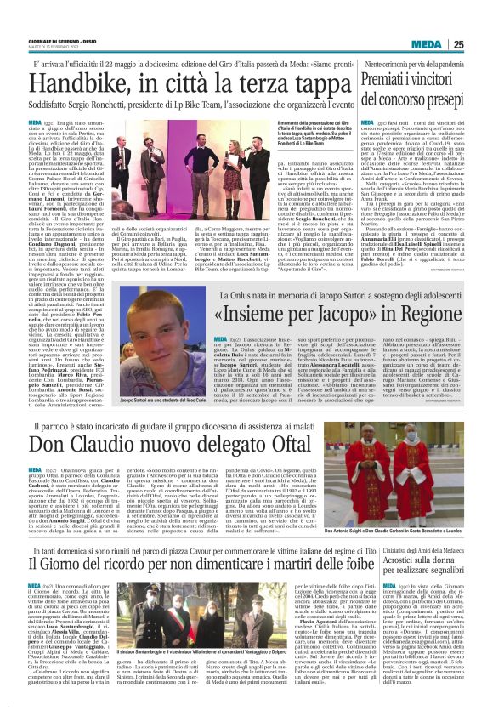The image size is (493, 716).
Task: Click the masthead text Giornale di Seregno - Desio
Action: [59, 42]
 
